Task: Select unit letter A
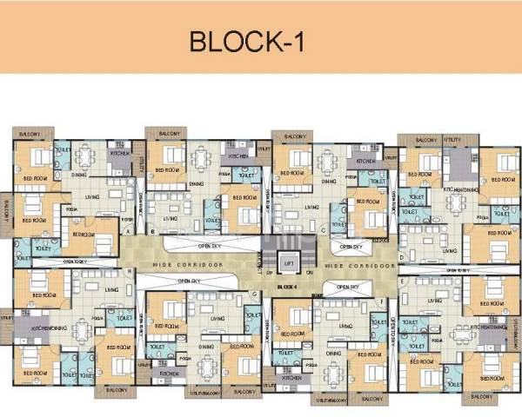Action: [128, 233]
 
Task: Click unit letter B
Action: [153, 233]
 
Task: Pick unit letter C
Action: [323, 231]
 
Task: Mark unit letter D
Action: [401, 257]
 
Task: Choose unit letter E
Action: [401, 283]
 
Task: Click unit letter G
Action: [252, 294]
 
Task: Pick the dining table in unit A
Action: [85, 158]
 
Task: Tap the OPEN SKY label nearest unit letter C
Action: [351, 246]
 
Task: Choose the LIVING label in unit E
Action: [440, 301]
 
